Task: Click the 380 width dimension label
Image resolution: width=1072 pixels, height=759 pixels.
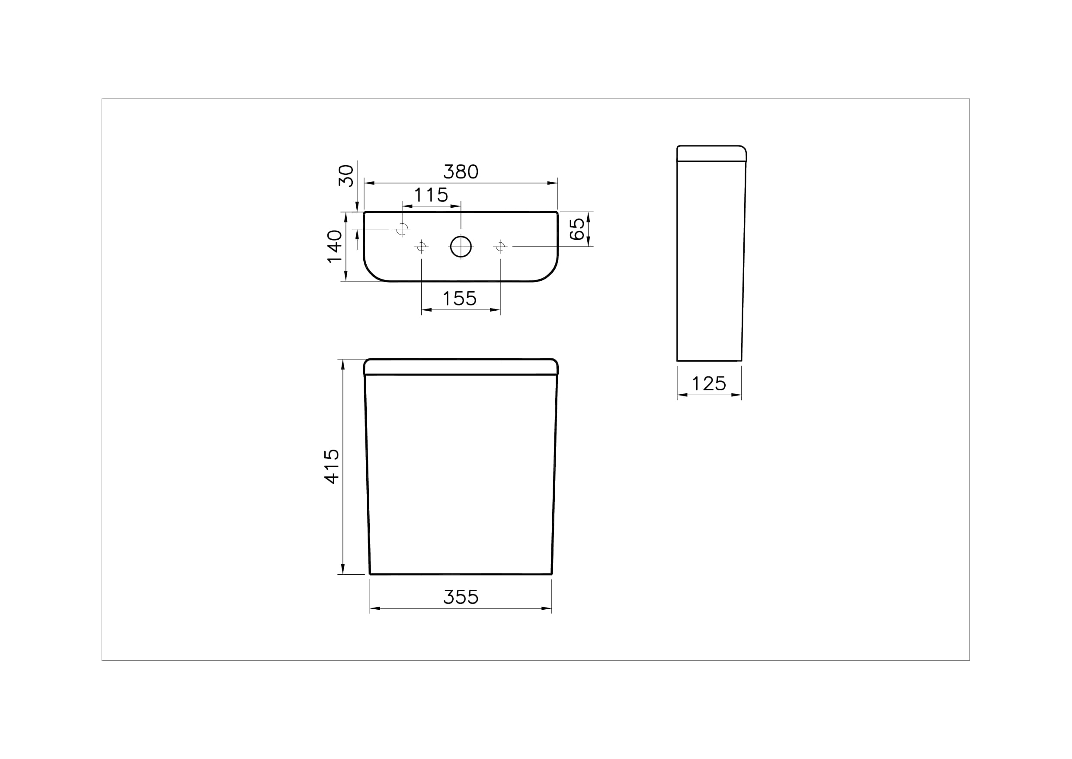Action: click(461, 172)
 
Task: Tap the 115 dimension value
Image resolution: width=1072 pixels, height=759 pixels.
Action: click(431, 195)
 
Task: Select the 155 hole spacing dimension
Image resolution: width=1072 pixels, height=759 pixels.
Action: click(460, 299)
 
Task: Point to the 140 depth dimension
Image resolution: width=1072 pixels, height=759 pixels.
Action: click(334, 246)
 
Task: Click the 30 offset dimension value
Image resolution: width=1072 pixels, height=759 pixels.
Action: click(346, 175)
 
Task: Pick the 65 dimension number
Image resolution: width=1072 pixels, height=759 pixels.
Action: click(577, 229)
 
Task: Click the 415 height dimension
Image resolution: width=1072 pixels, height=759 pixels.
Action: click(332, 466)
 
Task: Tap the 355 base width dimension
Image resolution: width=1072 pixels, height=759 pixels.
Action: click(461, 597)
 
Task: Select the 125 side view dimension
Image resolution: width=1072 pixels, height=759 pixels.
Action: click(709, 384)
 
